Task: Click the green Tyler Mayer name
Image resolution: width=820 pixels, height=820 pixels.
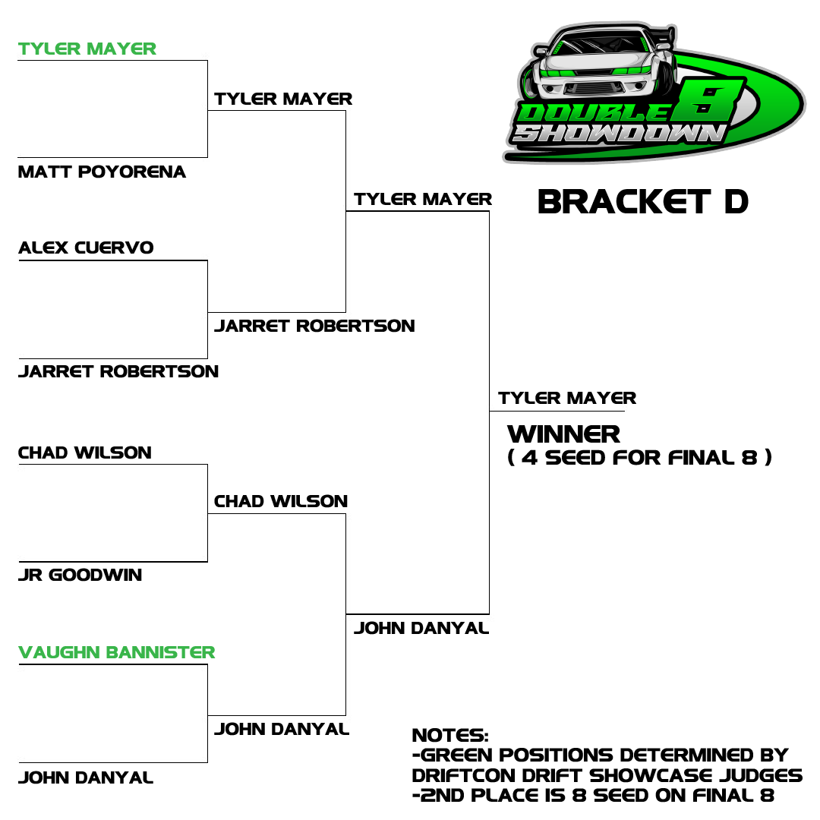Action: (87, 49)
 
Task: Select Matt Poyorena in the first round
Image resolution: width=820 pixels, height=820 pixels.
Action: (102, 172)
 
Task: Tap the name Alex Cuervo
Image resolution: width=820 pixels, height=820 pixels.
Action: (87, 248)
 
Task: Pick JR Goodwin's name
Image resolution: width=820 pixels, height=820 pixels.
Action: (80, 575)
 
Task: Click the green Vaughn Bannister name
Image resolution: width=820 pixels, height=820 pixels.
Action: (117, 652)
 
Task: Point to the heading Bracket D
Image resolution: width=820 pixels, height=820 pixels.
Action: (643, 202)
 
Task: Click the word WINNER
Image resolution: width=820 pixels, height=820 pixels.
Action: (563, 434)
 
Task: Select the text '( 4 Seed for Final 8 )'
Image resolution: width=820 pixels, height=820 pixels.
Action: (639, 458)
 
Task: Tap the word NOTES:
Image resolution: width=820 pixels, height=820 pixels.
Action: (450, 735)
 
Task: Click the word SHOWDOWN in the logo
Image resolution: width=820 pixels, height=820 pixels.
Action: (618, 134)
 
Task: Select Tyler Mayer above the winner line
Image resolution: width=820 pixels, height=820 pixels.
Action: (567, 398)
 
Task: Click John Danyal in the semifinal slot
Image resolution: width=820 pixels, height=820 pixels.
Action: (421, 628)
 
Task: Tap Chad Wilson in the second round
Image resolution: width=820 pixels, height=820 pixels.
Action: (281, 501)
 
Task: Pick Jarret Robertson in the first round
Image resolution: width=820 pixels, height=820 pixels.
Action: (118, 371)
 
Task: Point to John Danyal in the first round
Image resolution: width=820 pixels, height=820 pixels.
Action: (86, 777)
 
